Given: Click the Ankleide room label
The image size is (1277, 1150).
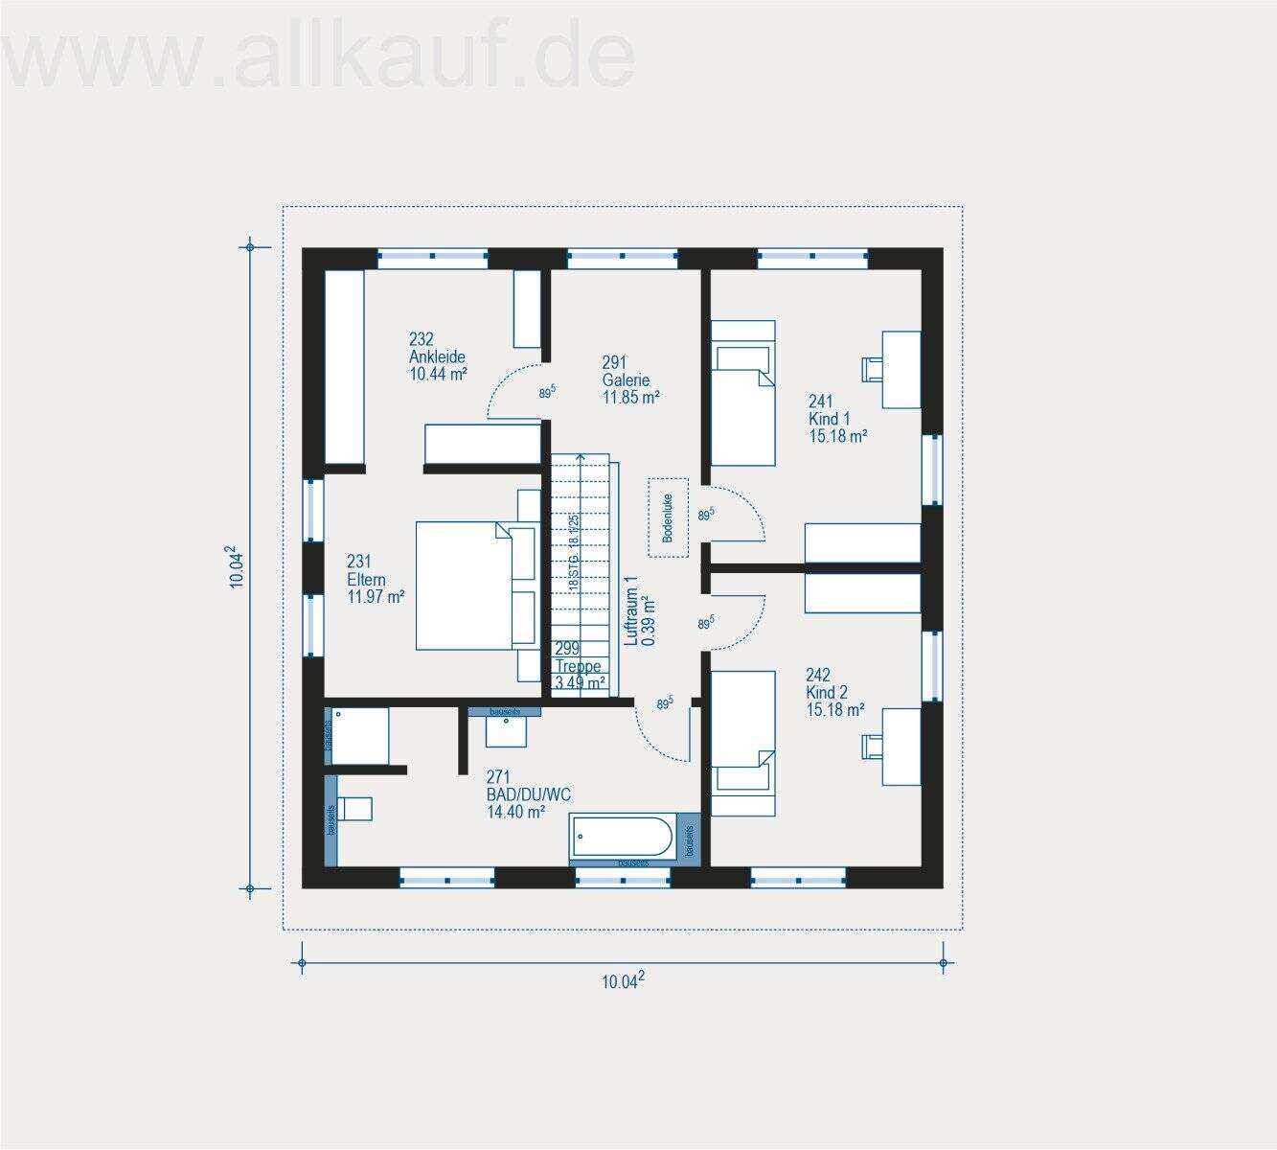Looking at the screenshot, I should coord(437,356).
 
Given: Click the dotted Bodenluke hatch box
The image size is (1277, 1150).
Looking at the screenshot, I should coord(669,517).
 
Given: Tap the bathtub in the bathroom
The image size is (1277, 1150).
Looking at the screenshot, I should coord(623,837).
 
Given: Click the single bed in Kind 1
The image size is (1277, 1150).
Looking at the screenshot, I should coord(741,393).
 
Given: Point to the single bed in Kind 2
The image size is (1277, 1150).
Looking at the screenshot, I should coord(742,743).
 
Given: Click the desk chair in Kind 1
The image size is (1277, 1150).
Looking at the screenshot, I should coord(872,369).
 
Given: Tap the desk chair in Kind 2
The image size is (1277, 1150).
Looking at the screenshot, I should coord(872,746).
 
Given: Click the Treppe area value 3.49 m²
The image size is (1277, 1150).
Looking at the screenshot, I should coord(580,683).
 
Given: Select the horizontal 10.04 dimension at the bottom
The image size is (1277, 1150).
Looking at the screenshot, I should coord(623,979).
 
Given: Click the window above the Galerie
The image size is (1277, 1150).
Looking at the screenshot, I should coord(623,257).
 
